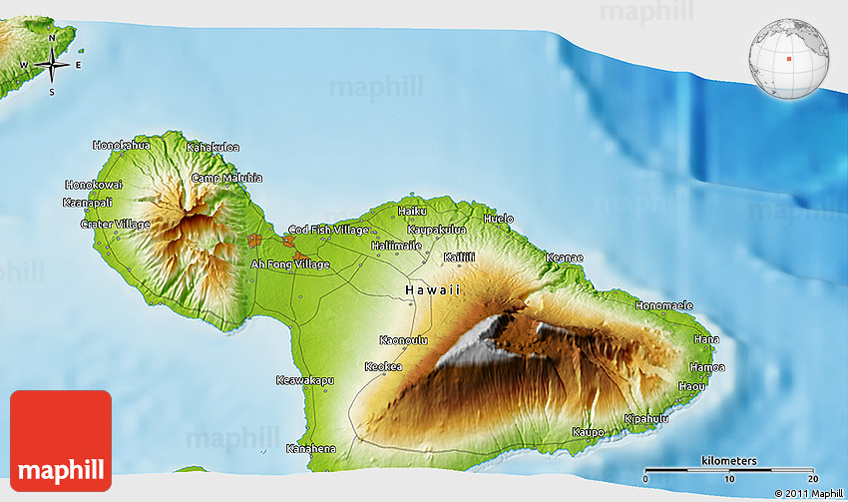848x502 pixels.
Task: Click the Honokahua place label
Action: pos(122,145)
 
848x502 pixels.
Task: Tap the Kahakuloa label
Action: pos(212,148)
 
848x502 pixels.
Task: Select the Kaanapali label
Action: pos(88,203)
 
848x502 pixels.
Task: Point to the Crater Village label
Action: pos(115,225)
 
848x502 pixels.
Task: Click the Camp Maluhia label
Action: pos(226,178)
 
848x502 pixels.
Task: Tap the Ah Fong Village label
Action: pos(289,264)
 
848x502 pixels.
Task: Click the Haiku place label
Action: pos(412,211)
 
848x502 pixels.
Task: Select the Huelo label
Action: pos(498,219)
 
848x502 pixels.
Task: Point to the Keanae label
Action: pos(564,257)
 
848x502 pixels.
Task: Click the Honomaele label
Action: pos(663,305)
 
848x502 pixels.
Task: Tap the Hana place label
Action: pos(706,339)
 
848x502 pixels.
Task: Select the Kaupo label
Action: pos(588,432)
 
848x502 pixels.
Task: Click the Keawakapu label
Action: pos(304,380)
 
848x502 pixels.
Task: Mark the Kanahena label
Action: pos(310,448)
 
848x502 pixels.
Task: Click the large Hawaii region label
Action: pos(433,289)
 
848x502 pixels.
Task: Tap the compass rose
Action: pos(52,66)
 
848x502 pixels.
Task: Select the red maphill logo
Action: pos(61,440)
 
